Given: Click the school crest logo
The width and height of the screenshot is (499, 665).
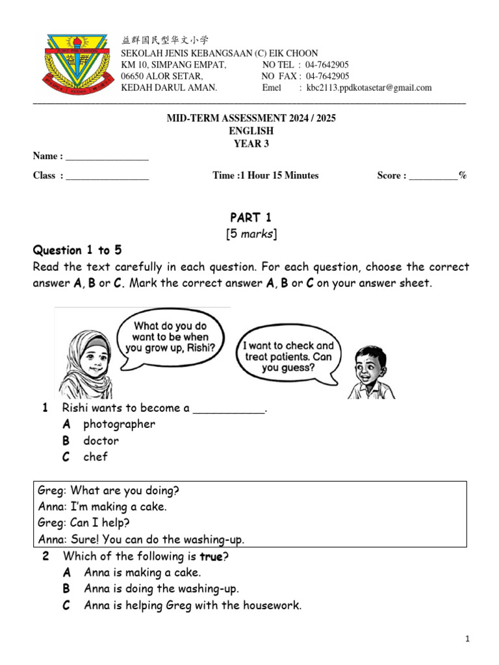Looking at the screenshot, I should coord(76,62).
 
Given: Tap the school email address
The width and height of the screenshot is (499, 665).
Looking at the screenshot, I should coord(369,88).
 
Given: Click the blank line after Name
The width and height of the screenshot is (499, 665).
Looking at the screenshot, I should coord(107,157).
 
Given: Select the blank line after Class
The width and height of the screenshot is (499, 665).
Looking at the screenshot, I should coord(107,176).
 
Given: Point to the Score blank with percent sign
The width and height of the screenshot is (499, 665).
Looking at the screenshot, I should coord(433,176).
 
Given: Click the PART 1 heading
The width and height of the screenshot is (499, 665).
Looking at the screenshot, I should coord(249,218).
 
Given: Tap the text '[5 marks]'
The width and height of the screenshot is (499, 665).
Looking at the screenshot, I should coord(249,234).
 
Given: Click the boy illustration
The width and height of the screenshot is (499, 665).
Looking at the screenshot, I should coord(371,371).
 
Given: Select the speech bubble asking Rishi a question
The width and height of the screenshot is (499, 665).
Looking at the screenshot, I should coord(171,337).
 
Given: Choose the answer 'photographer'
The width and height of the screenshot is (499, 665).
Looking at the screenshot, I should coord(119,424).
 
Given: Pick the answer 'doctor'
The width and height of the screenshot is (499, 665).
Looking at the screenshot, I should coord(101,440).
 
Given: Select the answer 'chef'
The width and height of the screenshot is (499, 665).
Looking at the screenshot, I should coord(95,457).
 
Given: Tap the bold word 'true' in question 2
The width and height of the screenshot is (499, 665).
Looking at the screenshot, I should coord(211,557).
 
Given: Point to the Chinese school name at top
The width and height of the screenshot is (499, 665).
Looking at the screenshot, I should coord(166,40).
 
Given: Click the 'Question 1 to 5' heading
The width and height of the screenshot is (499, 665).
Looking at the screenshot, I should coord(77,251).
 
